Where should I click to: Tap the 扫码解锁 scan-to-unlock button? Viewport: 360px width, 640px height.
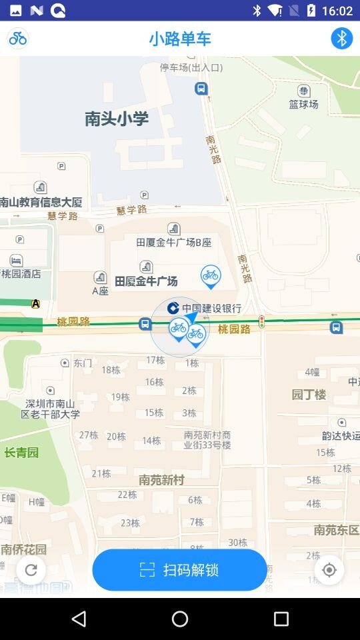click(x=179, y=570)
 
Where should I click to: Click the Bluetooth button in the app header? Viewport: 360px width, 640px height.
click(x=341, y=39)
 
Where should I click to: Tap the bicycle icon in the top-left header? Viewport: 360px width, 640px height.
click(x=18, y=39)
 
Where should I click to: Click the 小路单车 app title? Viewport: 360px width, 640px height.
click(x=179, y=39)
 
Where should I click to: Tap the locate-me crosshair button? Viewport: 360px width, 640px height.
click(x=329, y=570)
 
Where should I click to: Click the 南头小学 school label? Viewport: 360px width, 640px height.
click(x=116, y=119)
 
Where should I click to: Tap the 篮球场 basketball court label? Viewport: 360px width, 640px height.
click(x=303, y=104)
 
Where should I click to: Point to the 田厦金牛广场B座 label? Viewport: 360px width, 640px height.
click(x=173, y=243)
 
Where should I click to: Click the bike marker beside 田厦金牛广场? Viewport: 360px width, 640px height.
click(x=211, y=275)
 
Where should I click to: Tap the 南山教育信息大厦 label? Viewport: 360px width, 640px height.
click(x=41, y=202)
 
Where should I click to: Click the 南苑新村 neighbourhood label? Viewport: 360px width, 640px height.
click(x=161, y=480)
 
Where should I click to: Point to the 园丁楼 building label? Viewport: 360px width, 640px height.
click(x=309, y=395)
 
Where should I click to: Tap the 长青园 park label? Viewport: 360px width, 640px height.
click(x=21, y=453)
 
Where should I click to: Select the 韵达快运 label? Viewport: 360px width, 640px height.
click(x=341, y=436)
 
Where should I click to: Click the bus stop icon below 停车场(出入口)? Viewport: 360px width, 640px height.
click(x=201, y=89)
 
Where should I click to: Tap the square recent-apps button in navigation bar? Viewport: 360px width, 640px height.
click(x=281, y=619)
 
